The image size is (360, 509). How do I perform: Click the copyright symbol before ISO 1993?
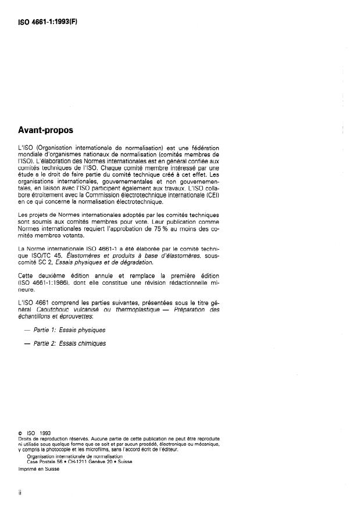pyautogui.click(x=21, y=432)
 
